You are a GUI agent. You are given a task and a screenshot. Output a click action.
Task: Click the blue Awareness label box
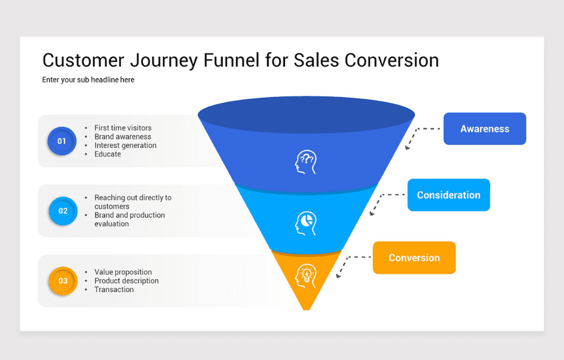pos(484,129)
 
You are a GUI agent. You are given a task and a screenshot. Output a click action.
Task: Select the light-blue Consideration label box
pos(448,195)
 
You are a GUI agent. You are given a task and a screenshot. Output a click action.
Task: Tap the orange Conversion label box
pos(414,258)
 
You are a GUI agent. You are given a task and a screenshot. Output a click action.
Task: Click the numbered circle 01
pos(62,141)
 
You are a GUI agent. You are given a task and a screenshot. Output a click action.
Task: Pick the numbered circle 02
pos(63,211)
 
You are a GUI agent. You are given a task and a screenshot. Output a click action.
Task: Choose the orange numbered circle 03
pos(63,281)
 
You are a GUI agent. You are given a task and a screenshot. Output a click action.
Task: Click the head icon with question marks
pos(305,162)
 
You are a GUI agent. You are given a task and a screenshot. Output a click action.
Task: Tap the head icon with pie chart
pos(305,223)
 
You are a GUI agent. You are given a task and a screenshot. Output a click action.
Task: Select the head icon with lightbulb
pos(305,276)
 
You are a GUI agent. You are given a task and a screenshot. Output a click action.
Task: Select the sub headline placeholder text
pos(88,80)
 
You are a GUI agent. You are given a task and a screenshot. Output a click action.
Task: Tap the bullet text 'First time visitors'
pos(123,128)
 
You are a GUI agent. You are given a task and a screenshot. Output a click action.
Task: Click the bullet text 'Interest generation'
pos(125,145)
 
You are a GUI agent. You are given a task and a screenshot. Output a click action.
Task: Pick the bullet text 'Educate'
pos(108,154)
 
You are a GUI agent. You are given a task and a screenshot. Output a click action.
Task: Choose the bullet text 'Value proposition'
pos(123,272)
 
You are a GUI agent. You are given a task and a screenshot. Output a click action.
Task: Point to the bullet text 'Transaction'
pos(114,289)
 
